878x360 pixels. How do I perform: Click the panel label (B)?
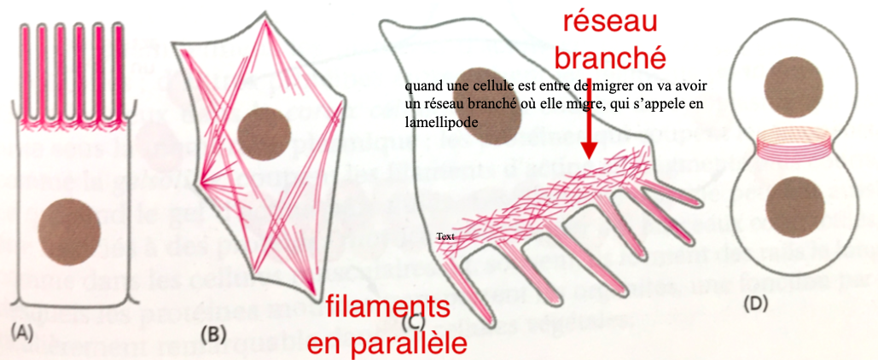point(212,334)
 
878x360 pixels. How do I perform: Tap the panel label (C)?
point(413,322)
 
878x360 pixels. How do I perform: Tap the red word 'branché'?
point(608,59)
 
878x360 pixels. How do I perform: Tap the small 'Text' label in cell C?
point(445,236)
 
